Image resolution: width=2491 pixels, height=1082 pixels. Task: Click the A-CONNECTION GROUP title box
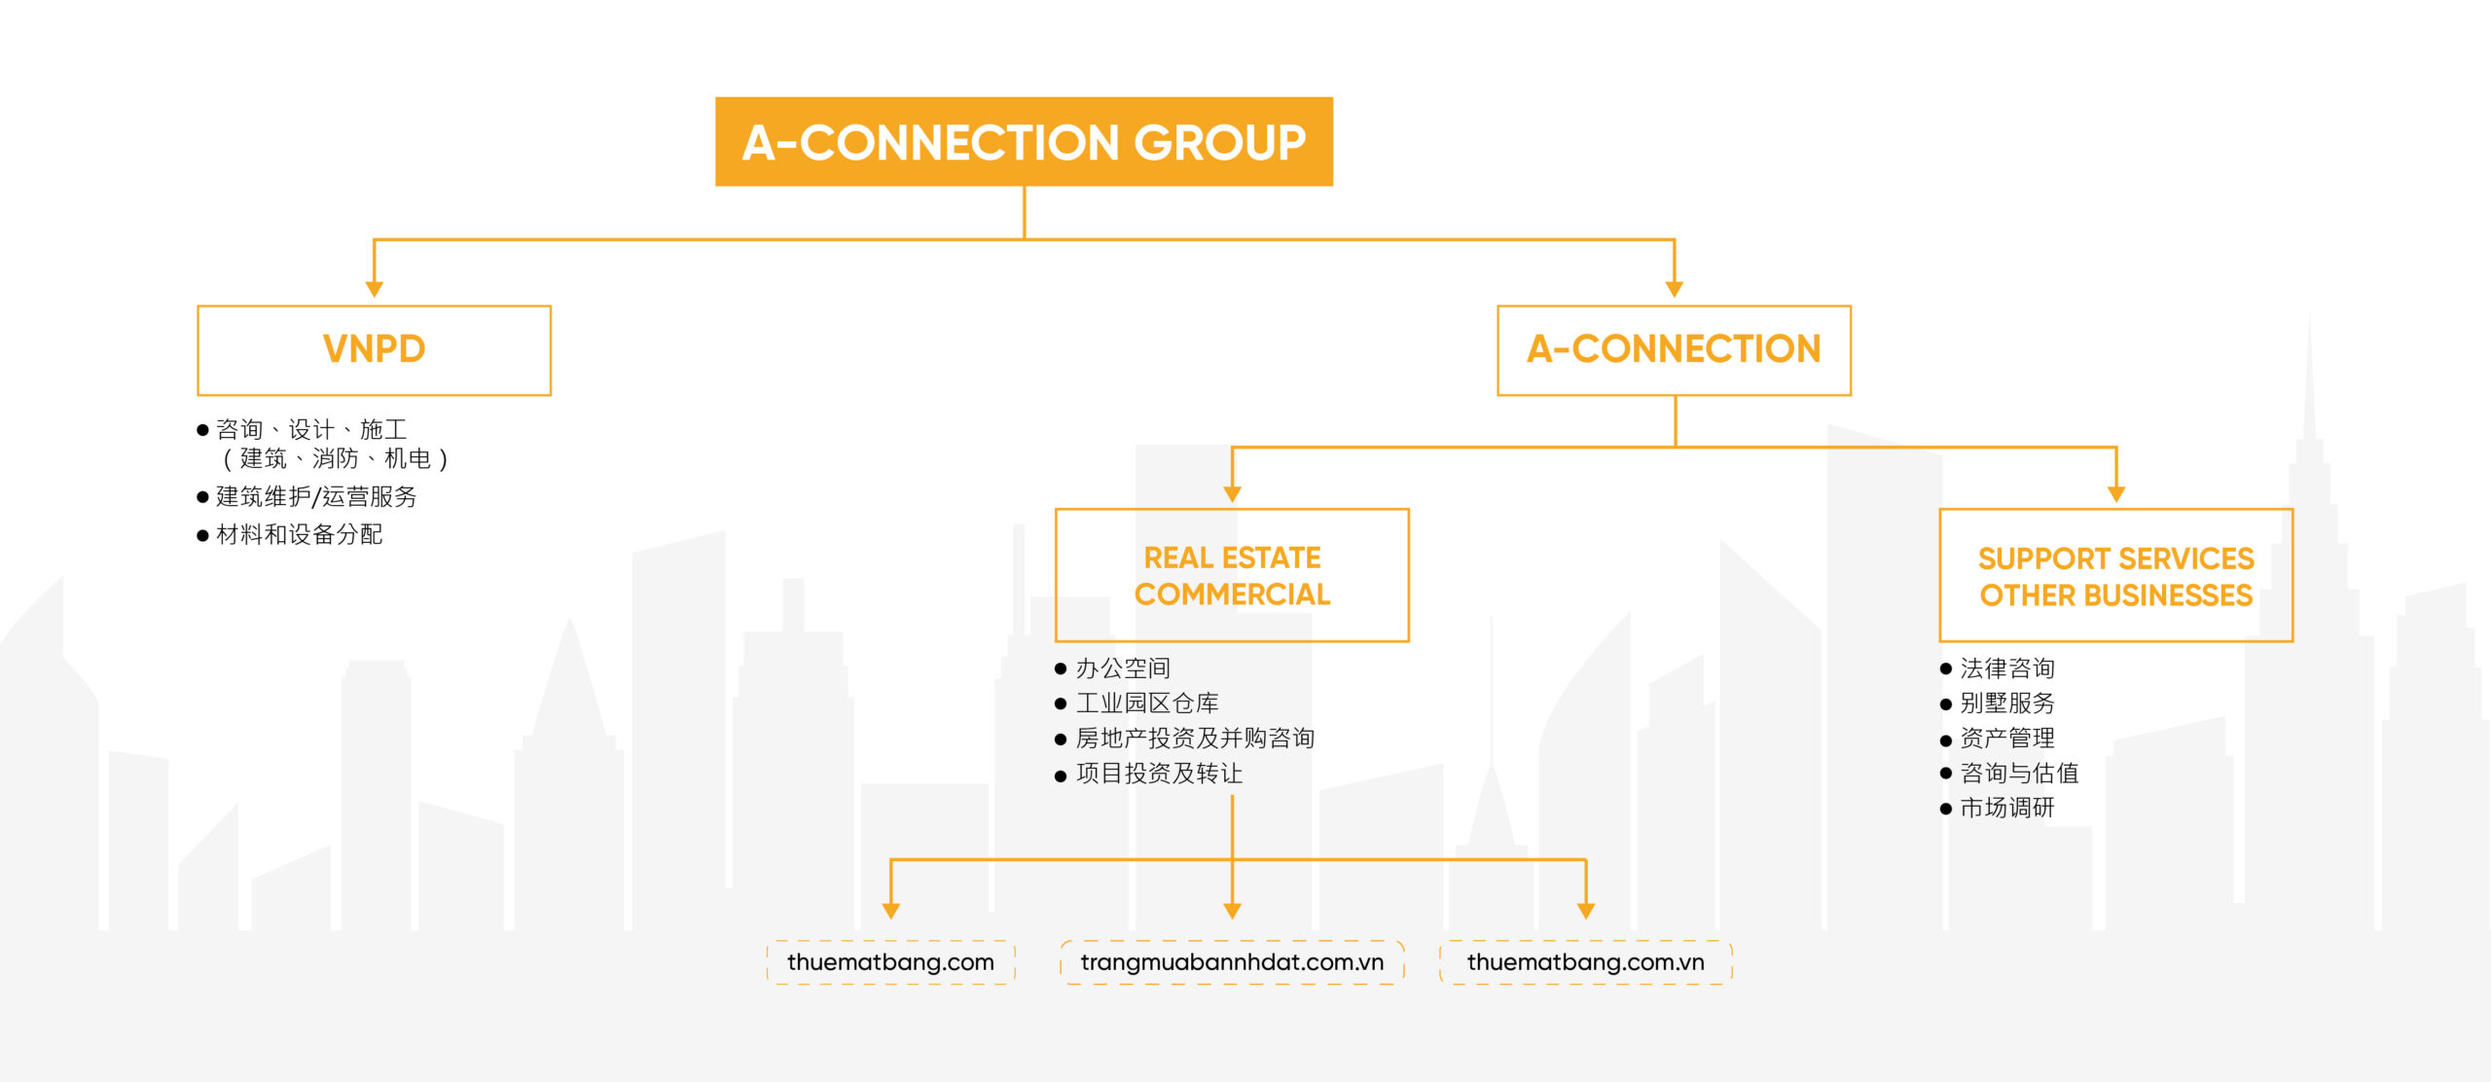point(1024,141)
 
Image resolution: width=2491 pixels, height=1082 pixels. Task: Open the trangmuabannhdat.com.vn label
point(1232,962)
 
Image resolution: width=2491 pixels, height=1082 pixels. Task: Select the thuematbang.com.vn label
point(1586,962)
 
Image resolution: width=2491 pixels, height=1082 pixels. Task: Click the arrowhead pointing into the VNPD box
point(374,289)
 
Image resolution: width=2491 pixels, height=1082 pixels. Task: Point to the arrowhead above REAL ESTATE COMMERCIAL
point(1232,494)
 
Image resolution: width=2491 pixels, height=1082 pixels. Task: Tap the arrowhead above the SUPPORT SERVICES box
point(2116,494)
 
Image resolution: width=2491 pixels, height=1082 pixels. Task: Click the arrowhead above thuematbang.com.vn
point(1586,911)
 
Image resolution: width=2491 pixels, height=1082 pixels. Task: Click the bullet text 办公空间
point(1123,668)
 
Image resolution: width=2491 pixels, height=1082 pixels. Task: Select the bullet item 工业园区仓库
point(1147,703)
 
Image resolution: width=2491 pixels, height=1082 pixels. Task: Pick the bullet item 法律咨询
point(2007,668)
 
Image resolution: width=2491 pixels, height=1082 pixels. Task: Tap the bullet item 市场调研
point(2007,808)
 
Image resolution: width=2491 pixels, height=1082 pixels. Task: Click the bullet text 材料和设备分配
point(300,534)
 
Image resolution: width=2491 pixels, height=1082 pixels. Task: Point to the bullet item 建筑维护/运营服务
point(316,496)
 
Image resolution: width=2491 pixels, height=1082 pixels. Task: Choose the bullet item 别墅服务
point(2007,703)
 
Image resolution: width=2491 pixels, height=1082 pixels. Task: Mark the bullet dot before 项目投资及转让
point(1061,775)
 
